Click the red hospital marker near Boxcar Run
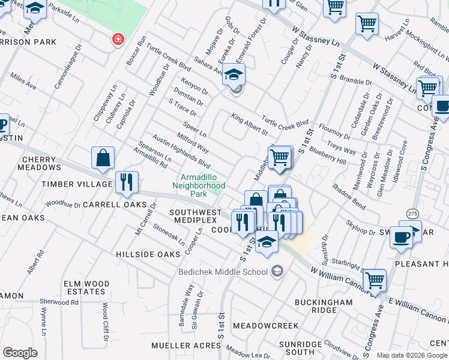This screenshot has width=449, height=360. point(118,40)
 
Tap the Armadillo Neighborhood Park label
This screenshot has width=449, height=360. point(203,186)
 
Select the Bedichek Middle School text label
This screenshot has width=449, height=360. point(222,272)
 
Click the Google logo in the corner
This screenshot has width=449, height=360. point(20,353)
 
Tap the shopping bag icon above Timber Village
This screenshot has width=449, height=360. point(103,158)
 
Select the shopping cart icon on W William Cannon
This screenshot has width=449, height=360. point(375,279)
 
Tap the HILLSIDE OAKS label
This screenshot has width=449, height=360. point(148,254)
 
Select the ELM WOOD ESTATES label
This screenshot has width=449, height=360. point(88,288)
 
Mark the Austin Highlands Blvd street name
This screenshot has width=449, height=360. point(181,152)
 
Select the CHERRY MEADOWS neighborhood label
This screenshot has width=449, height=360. point(41,163)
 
